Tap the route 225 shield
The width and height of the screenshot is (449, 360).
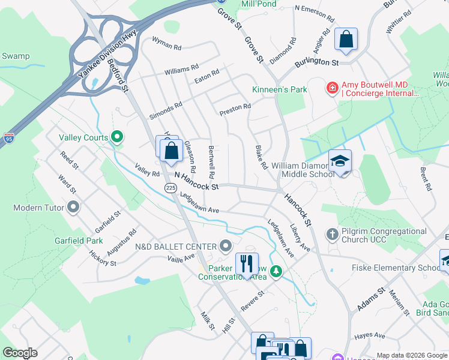pos(170,188)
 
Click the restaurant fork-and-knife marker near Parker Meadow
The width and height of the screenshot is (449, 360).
pos(247,263)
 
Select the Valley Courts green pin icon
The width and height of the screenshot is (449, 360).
pos(117,137)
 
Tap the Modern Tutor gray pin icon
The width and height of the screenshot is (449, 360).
pos(74,208)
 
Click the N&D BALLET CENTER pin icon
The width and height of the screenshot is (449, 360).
pos(226,246)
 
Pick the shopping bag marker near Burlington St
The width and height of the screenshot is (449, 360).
pos(346,40)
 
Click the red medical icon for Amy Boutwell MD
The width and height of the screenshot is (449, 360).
pos(331,89)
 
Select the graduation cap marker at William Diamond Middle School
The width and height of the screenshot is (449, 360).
pos(340,161)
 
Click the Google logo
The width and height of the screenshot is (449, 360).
pos(20,353)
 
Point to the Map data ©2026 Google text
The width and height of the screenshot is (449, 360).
pos(411,355)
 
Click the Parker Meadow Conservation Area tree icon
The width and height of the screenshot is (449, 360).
pos(276,272)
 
